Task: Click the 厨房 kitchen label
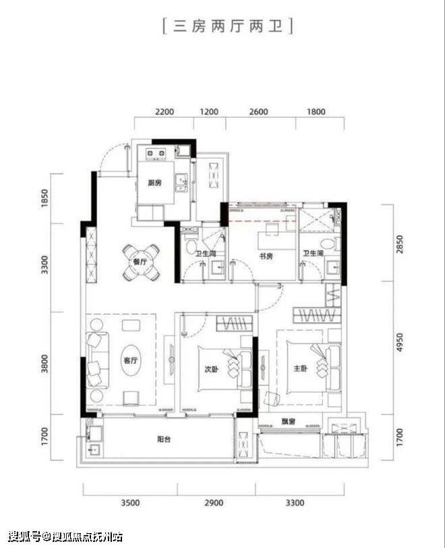155,183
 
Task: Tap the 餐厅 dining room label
140,262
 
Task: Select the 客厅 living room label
131,360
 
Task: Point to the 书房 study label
266,256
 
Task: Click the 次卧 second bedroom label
212,369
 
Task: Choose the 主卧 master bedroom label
301,368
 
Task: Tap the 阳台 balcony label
164,439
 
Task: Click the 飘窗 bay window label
289,421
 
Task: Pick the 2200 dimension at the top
165,112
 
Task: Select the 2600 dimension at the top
259,112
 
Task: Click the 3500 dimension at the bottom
130,503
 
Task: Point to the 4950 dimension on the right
399,342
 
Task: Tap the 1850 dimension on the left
44,198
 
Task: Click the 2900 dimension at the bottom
214,503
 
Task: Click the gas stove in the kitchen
156,154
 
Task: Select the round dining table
141,262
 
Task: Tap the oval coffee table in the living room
131,361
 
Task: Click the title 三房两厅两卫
228,26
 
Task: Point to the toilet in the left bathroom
191,246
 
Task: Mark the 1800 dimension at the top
316,112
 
